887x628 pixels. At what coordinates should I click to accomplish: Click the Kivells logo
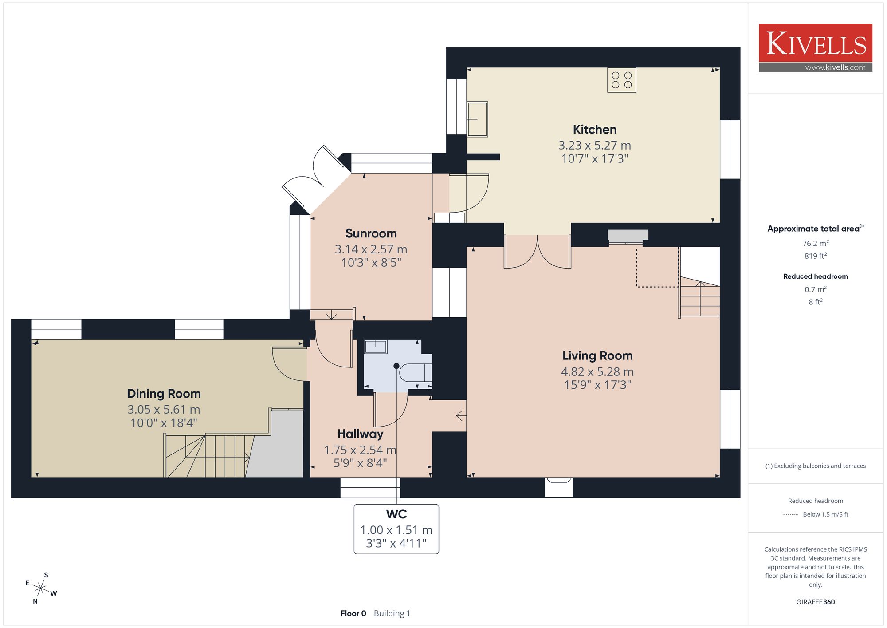point(815,48)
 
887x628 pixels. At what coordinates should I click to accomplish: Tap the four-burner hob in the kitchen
point(621,80)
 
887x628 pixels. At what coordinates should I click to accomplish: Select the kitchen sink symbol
point(477,119)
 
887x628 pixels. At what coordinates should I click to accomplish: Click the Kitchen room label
point(595,130)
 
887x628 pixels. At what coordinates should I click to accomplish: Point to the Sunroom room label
point(371,233)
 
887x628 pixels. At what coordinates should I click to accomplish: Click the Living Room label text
point(597,356)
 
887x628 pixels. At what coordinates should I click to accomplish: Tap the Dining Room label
point(164,394)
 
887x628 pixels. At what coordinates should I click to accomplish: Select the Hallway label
point(360,434)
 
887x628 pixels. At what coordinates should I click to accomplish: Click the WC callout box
point(396,529)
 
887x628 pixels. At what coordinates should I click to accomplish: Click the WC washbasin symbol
point(376,347)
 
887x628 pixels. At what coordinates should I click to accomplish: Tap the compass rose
point(41,589)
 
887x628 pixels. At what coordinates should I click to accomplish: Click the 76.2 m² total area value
point(815,243)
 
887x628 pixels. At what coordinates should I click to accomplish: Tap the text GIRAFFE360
point(815,602)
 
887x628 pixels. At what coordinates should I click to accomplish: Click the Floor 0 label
point(353,613)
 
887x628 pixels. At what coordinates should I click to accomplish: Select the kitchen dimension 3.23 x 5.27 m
point(594,146)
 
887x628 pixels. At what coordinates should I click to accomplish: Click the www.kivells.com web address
point(835,67)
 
